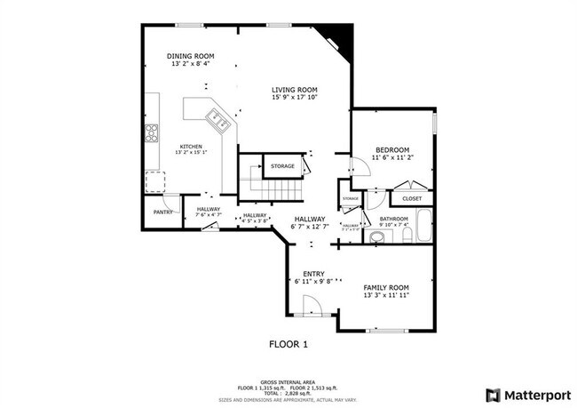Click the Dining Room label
[191, 56]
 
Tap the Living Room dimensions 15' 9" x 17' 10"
[295, 97]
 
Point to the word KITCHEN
[191, 147]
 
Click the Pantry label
[162, 212]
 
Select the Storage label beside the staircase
[282, 166]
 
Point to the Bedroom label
[391, 149]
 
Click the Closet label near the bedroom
[411, 198]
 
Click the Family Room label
[386, 287]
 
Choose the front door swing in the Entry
[310, 306]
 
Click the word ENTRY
[312, 274]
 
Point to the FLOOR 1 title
[288, 342]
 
